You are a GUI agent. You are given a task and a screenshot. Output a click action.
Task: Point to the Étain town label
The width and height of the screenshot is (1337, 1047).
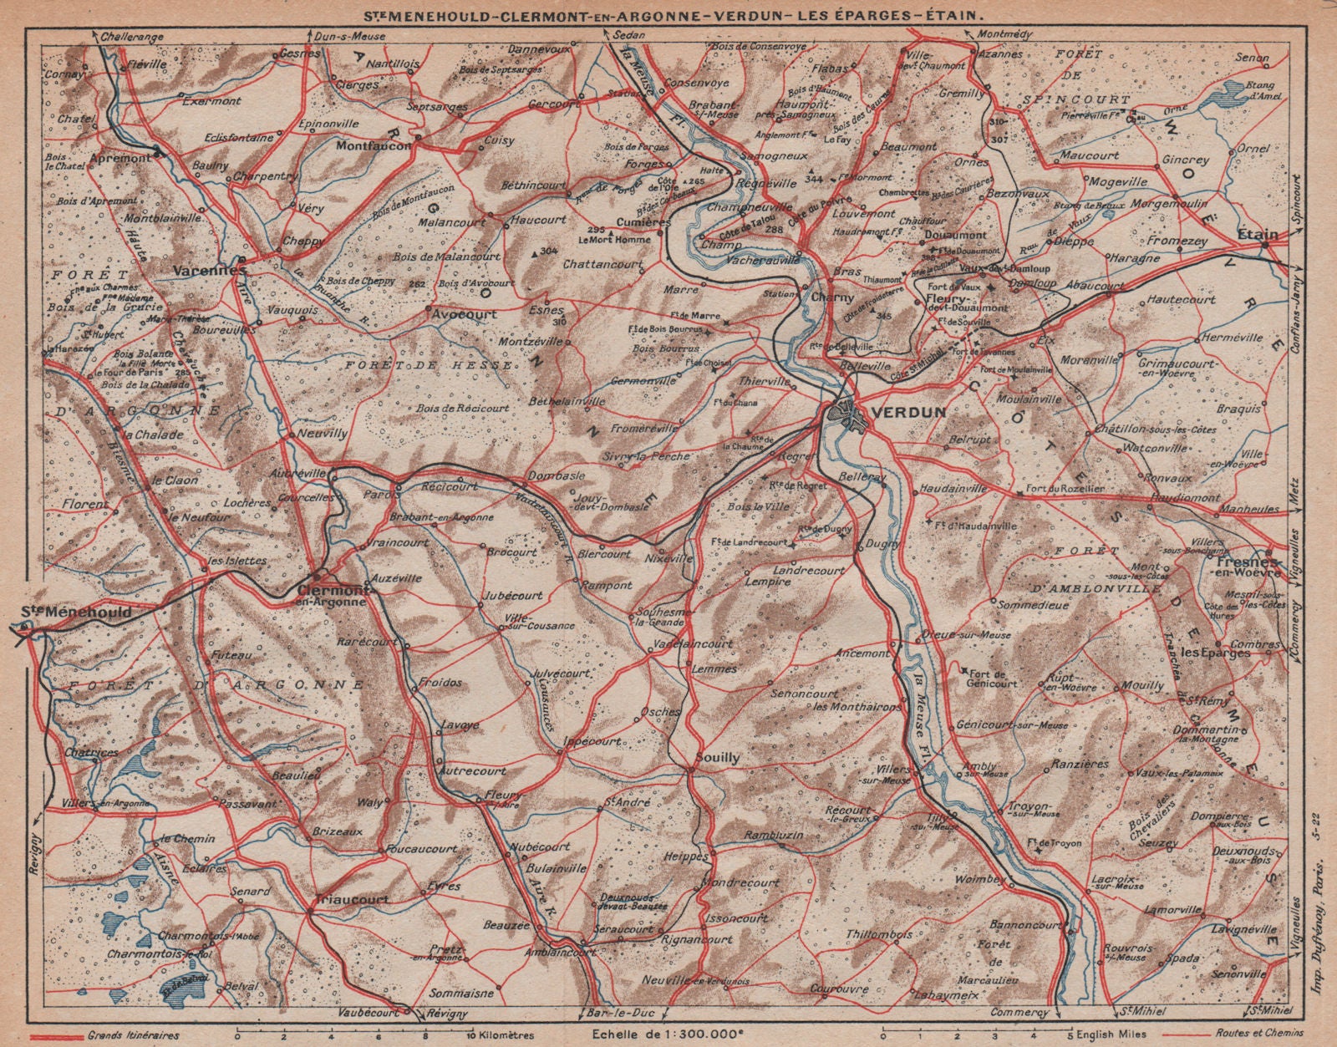tap(1259, 223)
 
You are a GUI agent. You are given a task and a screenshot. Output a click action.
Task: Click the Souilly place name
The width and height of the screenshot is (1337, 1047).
tap(717, 758)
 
